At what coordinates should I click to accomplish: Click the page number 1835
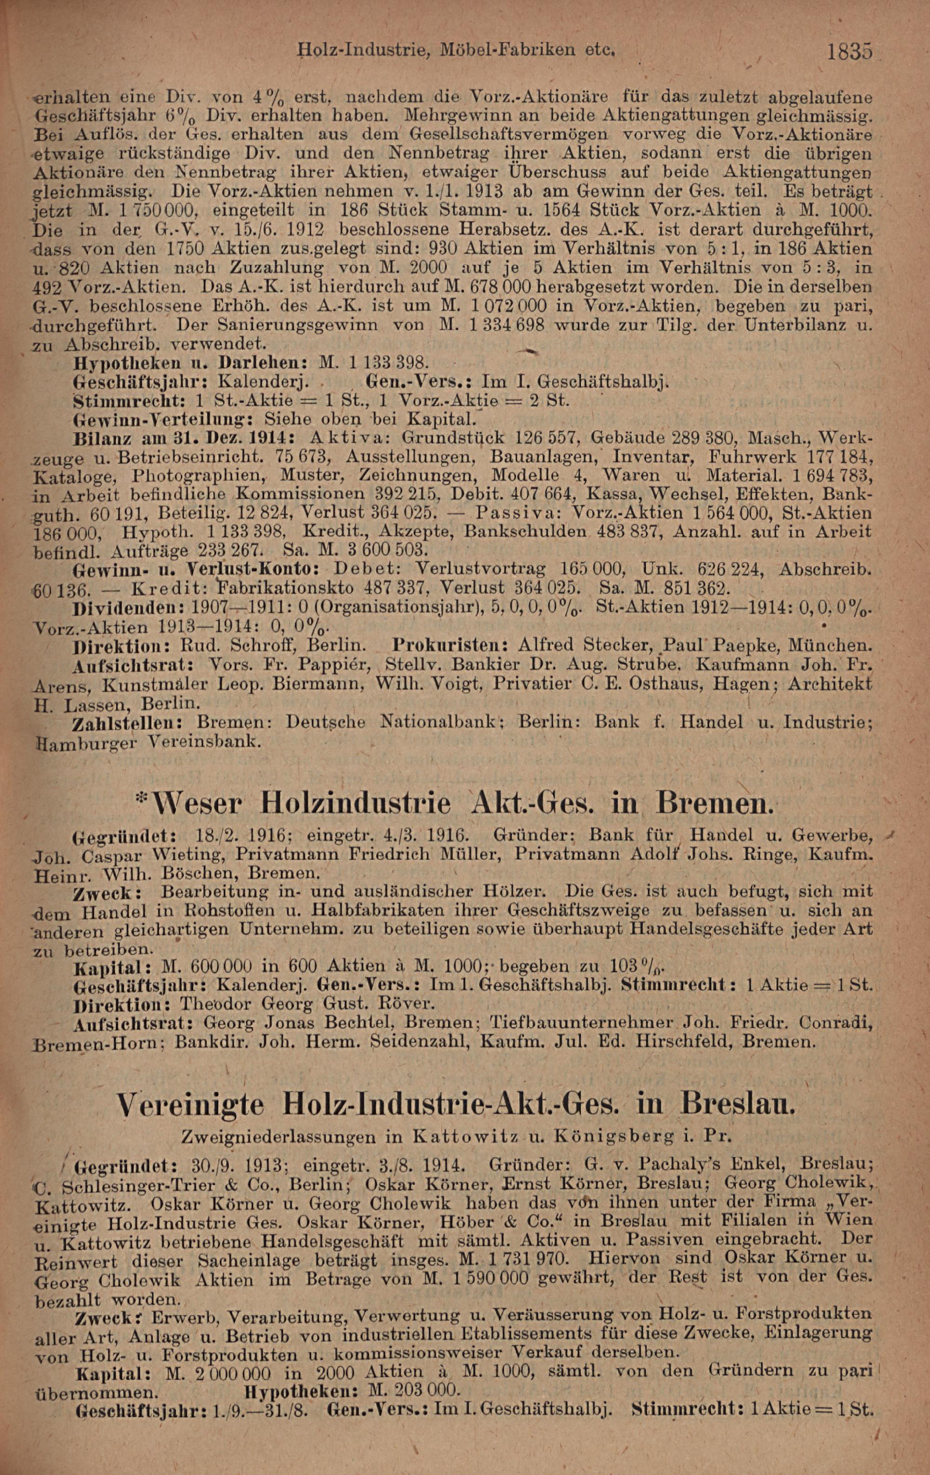pos(849,52)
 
